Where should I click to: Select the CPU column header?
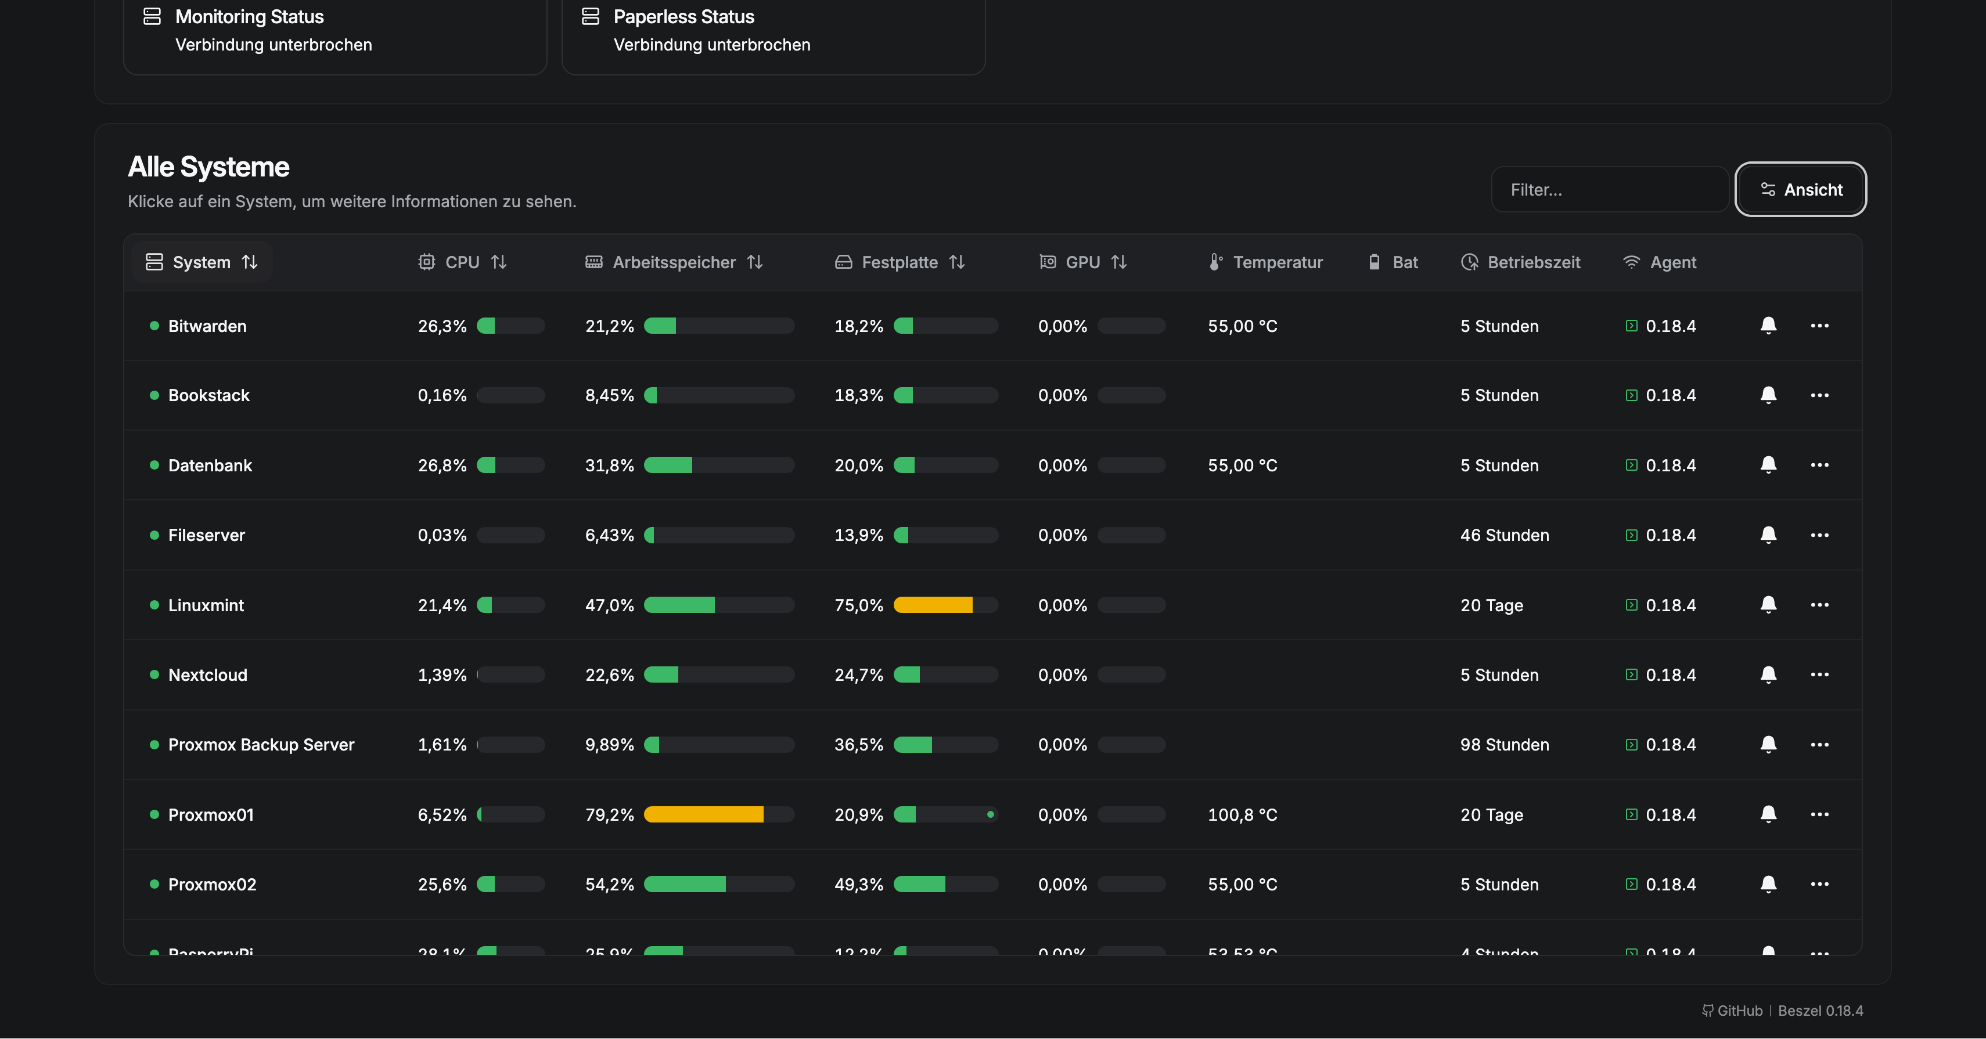(462, 262)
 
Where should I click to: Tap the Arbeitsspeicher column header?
(673, 262)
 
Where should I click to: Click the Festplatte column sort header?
(899, 262)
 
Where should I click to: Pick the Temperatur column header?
(1277, 262)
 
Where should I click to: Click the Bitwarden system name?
(207, 326)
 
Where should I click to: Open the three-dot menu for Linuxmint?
(1819, 605)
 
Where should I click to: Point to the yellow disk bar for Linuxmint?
(932, 605)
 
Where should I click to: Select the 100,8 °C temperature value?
(1242, 815)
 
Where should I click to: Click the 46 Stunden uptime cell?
(1503, 535)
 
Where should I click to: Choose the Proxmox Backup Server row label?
(261, 745)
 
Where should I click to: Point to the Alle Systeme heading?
(208, 167)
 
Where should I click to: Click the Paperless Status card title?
(683, 17)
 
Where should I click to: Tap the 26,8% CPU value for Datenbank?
(442, 466)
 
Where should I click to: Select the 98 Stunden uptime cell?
(1503, 745)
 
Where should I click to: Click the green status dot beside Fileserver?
(154, 535)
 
